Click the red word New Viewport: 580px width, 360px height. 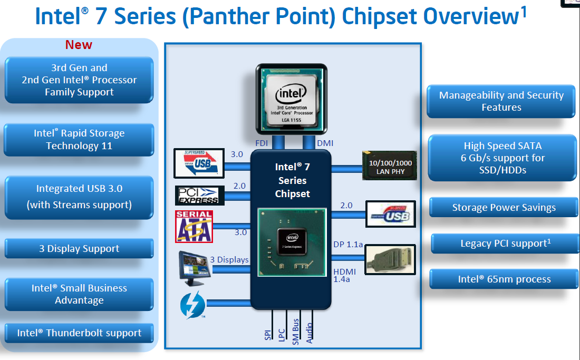point(79,45)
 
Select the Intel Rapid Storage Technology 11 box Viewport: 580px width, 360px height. point(79,140)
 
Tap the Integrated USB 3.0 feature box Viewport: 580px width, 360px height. point(79,197)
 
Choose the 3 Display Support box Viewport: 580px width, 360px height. point(79,249)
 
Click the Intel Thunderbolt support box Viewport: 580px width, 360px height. point(79,333)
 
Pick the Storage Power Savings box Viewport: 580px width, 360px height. point(504,208)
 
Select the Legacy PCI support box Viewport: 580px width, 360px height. point(504,244)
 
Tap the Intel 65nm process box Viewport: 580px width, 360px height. point(504,279)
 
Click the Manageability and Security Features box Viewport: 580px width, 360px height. point(501,101)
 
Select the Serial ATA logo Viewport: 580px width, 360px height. point(194,227)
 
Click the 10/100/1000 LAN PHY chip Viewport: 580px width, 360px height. point(390,166)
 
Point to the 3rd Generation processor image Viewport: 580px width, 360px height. point(291,99)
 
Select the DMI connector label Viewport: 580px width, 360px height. point(325,143)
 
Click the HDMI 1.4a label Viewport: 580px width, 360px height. point(344,275)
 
